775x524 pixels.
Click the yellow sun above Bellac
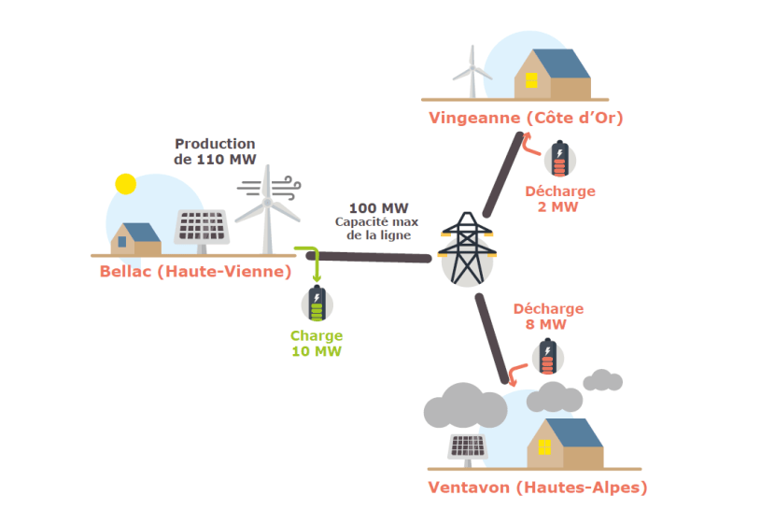[x=124, y=184]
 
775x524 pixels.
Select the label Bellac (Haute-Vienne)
[x=195, y=272]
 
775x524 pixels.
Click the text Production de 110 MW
[x=215, y=151]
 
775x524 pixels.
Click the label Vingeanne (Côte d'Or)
[x=526, y=118]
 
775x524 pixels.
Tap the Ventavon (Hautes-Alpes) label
[x=537, y=487]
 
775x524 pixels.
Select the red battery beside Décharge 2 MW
[x=559, y=159]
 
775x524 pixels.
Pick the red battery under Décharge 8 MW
[x=546, y=355]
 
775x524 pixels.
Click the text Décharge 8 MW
[x=548, y=317]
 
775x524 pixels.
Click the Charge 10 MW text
[x=317, y=344]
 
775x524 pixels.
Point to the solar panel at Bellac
[x=203, y=228]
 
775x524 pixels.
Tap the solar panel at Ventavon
[x=467, y=448]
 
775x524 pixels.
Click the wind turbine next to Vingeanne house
[x=472, y=70]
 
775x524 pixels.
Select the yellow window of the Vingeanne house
[x=531, y=78]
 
